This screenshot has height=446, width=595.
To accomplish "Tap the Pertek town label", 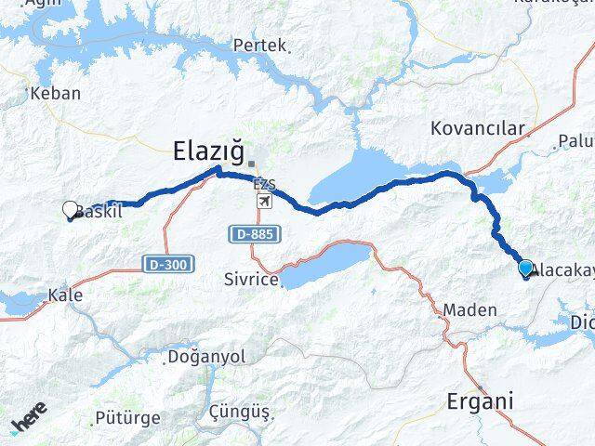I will pyautogui.click(x=259, y=45).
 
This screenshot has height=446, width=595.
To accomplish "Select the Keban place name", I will pyautogui.click(x=56, y=93).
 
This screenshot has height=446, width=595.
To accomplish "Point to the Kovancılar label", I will pyautogui.click(x=478, y=128).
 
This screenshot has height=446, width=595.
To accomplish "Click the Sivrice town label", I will pyautogui.click(x=252, y=278).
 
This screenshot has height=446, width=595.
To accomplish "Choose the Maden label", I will pyautogui.click(x=470, y=309).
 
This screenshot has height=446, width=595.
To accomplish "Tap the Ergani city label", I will pyautogui.click(x=480, y=402).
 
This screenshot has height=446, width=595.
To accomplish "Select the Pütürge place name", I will pyautogui.click(x=127, y=417).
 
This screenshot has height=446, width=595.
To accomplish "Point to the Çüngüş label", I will pyautogui.click(x=240, y=411).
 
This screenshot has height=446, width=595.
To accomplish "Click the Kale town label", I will pyautogui.click(x=67, y=295).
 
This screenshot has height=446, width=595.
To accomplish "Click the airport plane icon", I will pyautogui.click(x=266, y=202).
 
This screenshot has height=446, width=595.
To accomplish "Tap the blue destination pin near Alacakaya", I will pyautogui.click(x=526, y=269).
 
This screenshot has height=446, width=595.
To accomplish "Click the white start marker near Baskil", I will pyautogui.click(x=71, y=211).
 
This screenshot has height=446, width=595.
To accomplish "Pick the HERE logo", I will pyautogui.click(x=29, y=419).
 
